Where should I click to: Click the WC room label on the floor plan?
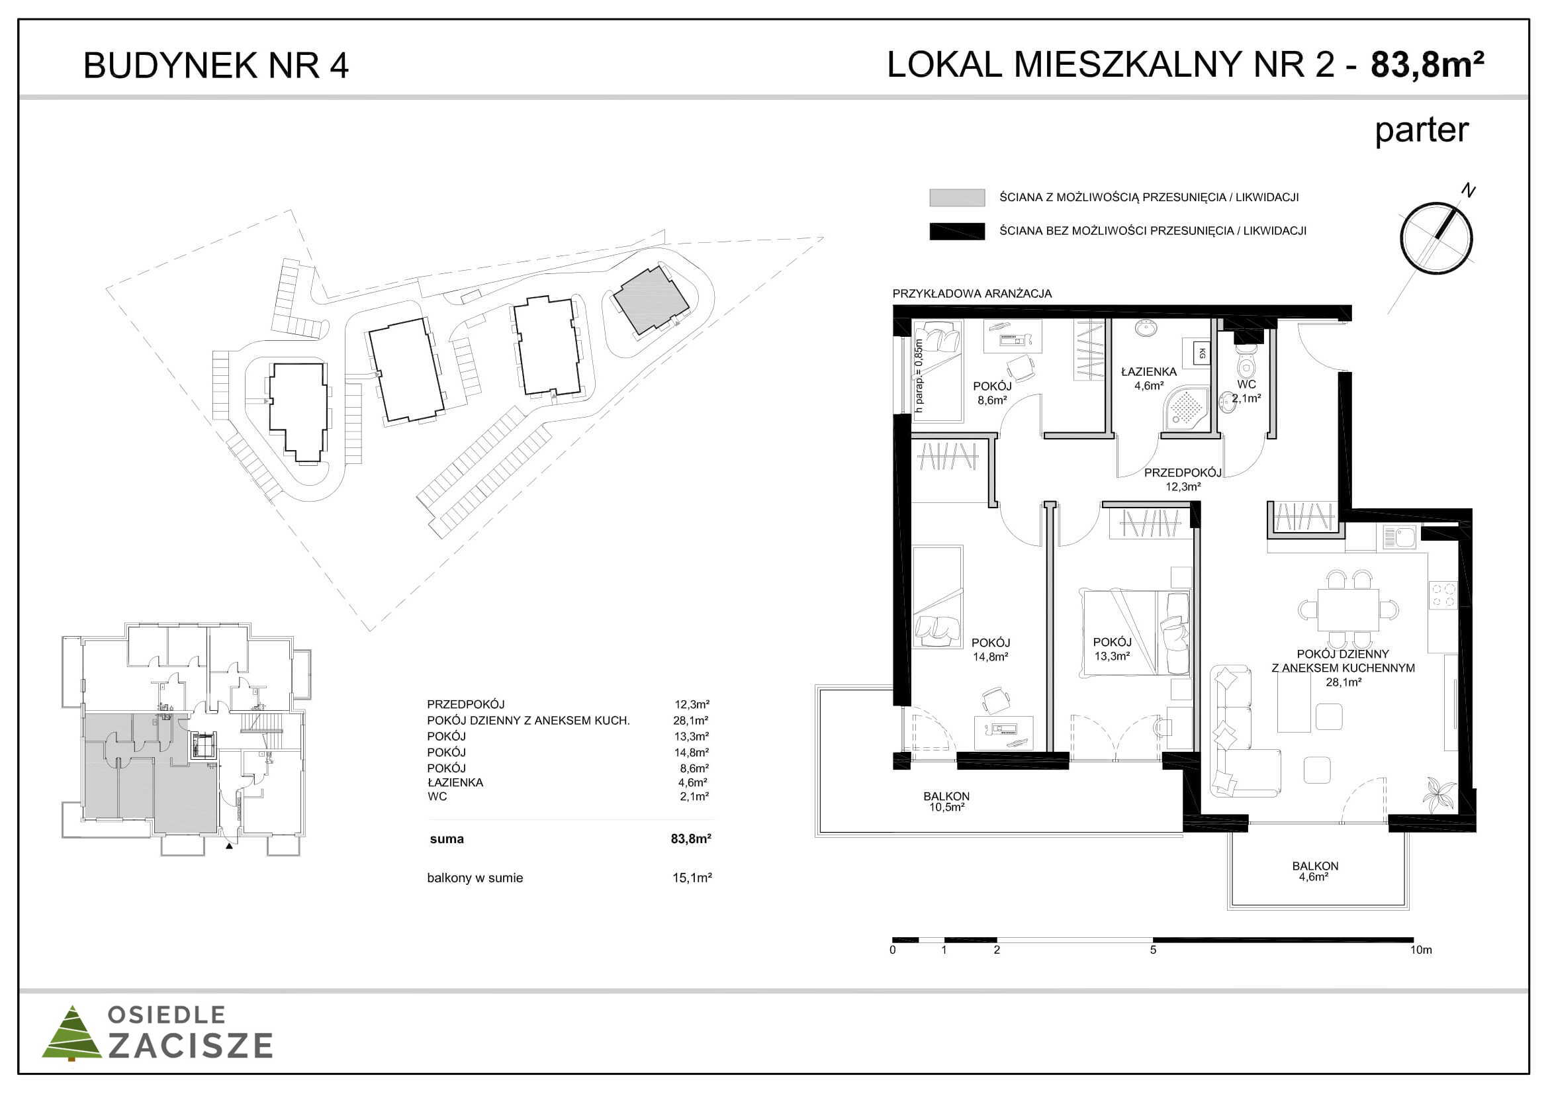point(1246,385)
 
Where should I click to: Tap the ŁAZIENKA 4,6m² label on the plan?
point(1148,379)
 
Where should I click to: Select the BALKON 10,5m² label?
point(946,801)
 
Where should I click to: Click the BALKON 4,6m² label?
point(1315,871)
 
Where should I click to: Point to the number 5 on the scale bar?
point(1153,950)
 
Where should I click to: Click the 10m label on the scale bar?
point(1420,950)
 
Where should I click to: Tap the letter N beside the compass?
point(1468,191)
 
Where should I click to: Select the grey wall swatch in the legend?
point(957,197)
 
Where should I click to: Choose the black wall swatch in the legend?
point(957,231)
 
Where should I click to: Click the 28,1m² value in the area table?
point(691,721)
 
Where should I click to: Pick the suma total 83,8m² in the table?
point(691,839)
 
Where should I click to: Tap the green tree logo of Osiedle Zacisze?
point(71,1033)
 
